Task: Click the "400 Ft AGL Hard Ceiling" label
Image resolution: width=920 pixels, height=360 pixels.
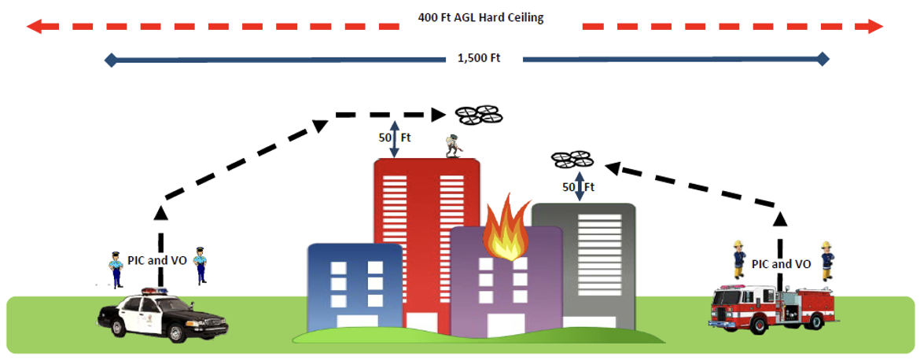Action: [x=480, y=17]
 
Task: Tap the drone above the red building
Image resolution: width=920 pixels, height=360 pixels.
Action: [x=479, y=116]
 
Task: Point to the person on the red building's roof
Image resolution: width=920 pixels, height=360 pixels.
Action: [x=451, y=145]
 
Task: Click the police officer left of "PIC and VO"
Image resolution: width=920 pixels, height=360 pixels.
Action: [x=116, y=268]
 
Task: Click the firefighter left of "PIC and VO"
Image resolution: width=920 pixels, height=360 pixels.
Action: [x=738, y=258]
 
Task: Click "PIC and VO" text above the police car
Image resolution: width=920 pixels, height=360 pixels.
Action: [x=157, y=259]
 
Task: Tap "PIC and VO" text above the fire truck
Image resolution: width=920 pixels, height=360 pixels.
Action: [x=782, y=264]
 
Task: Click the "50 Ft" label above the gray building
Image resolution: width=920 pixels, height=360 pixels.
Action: [x=578, y=187]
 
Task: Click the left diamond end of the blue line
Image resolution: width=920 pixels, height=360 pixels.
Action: [x=111, y=60]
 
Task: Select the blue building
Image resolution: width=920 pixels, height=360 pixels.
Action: [x=355, y=283]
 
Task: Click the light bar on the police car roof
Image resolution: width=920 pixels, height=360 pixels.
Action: [x=154, y=291]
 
